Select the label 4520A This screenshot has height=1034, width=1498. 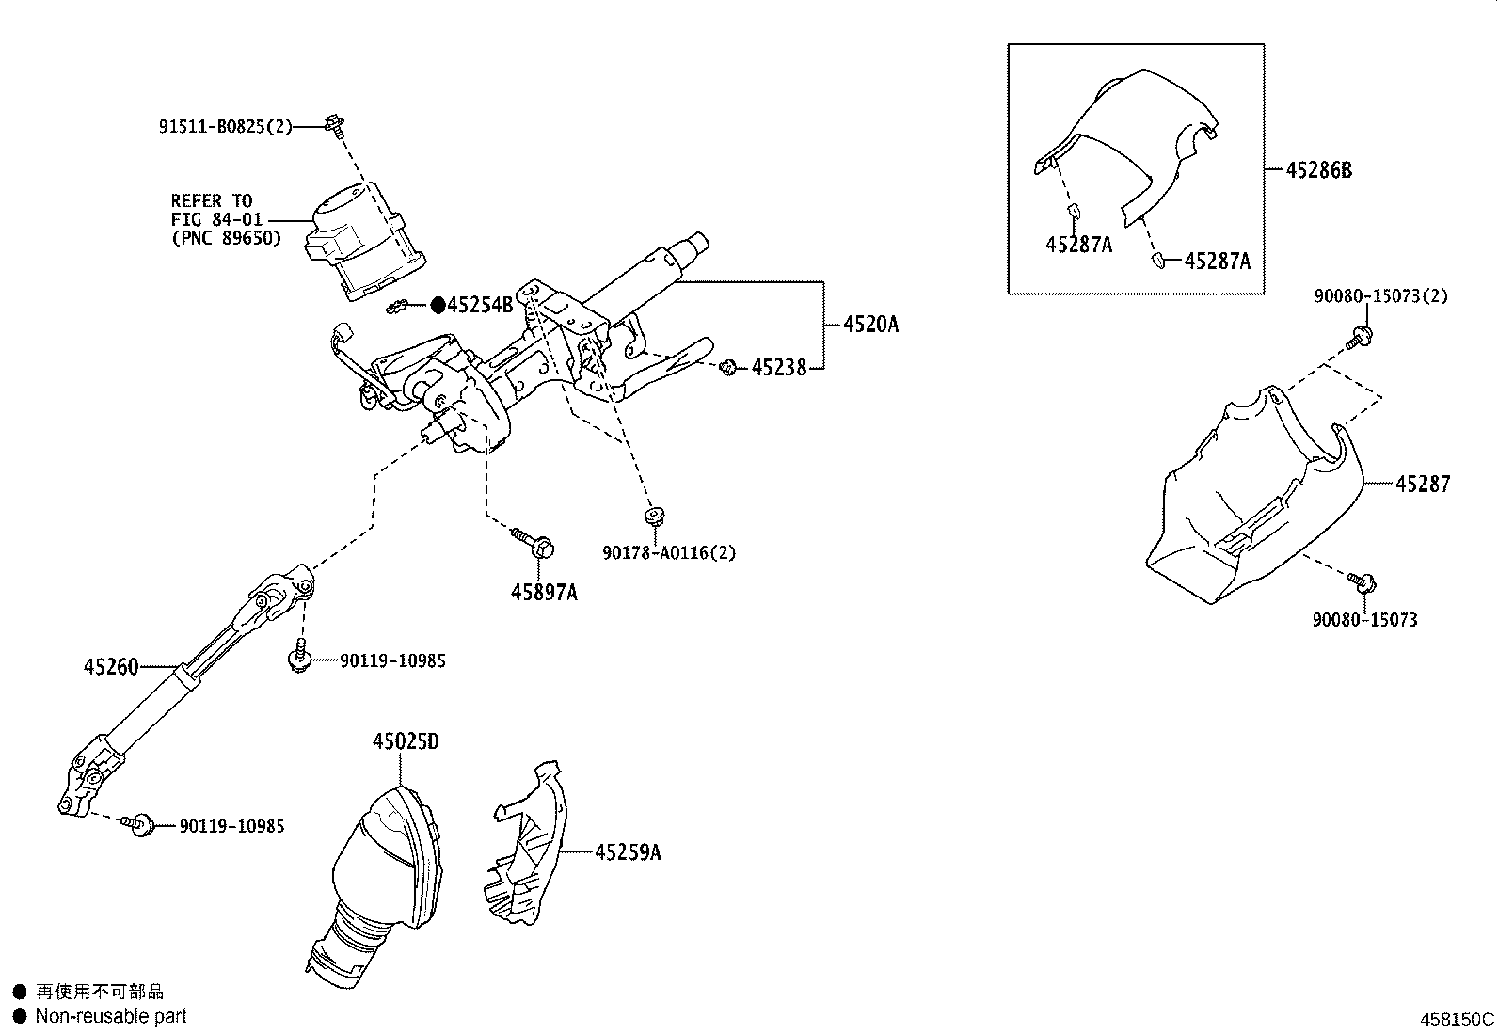pyautogui.click(x=870, y=325)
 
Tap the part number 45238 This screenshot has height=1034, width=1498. pyautogui.click(x=779, y=368)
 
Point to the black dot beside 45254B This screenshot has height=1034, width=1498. pyautogui.click(x=438, y=305)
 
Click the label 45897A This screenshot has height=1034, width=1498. pyautogui.click(x=544, y=592)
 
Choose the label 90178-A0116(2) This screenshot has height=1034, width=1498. pyautogui.click(x=669, y=552)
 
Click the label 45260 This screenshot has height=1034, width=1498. pyautogui.click(x=111, y=667)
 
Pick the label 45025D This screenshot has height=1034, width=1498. pyautogui.click(x=406, y=741)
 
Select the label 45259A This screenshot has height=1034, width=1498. pyautogui.click(x=628, y=852)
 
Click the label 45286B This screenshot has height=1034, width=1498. pyautogui.click(x=1319, y=170)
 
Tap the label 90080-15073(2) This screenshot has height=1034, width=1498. pyautogui.click(x=1380, y=296)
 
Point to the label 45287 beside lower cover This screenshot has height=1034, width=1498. pyautogui.click(x=1423, y=484)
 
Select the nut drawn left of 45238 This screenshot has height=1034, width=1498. pyautogui.click(x=727, y=367)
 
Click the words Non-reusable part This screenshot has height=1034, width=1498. pyautogui.click(x=111, y=1016)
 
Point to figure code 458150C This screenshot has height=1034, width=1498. pyautogui.click(x=1457, y=1019)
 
